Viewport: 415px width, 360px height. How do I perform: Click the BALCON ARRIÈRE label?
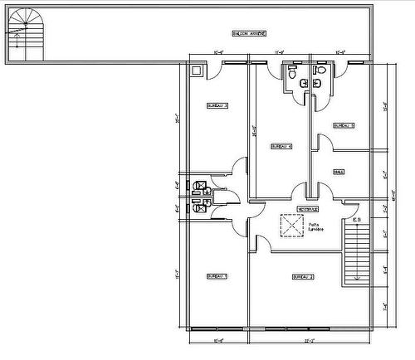coord(249,33)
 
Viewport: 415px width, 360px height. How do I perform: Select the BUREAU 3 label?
coord(217,105)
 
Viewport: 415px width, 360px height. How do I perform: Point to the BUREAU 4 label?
coord(281,146)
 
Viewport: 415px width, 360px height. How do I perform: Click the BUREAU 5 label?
coord(344,125)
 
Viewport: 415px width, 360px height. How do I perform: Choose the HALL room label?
coord(339,172)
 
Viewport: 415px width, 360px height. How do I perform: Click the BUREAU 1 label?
coord(217,275)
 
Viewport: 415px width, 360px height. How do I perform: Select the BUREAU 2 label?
coord(302,276)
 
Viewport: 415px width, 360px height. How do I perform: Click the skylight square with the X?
coord(291,226)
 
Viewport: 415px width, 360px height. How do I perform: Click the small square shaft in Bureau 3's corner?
coord(196,72)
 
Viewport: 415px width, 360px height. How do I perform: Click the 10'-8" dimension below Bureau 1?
coord(219,341)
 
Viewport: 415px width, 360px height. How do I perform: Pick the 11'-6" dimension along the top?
coord(281,52)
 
